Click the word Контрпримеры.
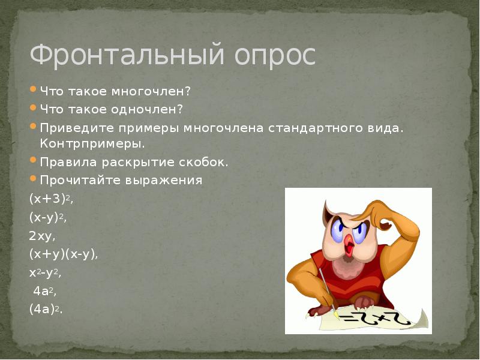pyautogui.click(x=92, y=144)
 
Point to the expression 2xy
pyautogui.click(x=42, y=235)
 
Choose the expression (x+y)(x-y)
pyautogui.click(x=63, y=254)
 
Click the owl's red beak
pyautogui.click(x=347, y=243)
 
